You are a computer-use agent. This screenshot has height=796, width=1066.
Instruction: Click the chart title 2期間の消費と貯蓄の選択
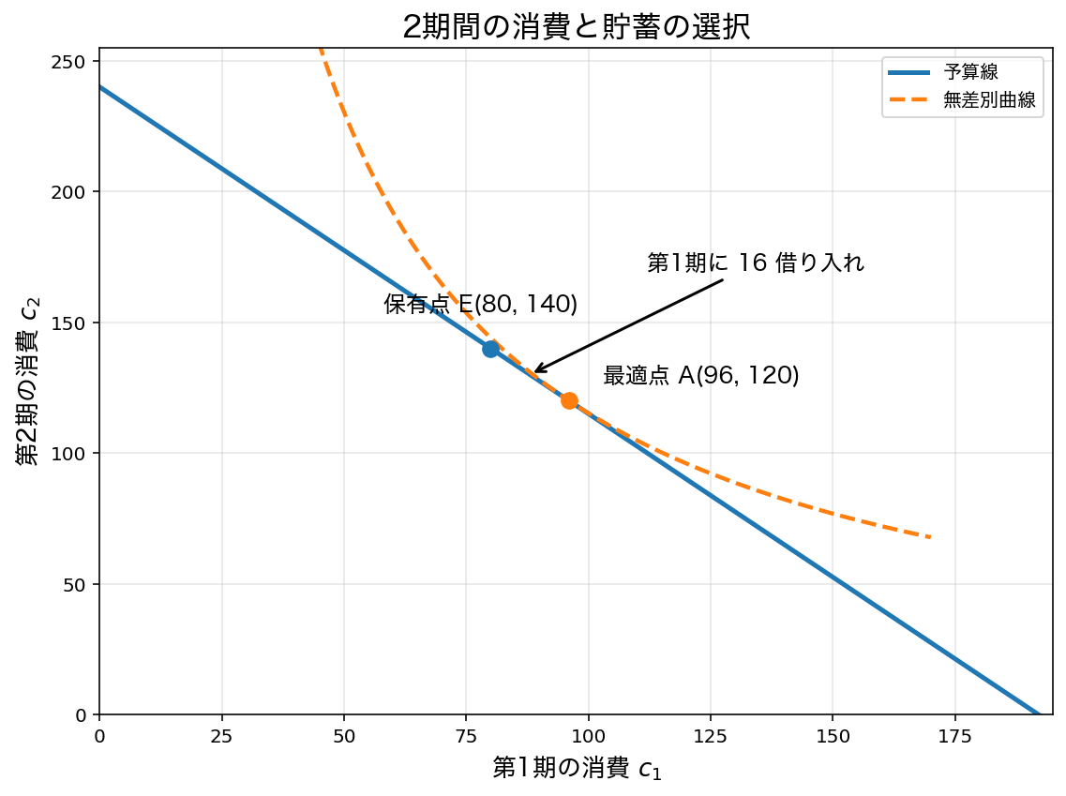click(577, 27)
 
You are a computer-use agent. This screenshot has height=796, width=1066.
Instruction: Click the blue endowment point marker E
click(491, 349)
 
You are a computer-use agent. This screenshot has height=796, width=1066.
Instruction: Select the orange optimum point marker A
click(569, 401)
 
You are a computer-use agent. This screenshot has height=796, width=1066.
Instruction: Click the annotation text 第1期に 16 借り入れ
click(756, 263)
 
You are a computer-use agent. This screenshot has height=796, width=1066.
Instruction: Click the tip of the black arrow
click(535, 372)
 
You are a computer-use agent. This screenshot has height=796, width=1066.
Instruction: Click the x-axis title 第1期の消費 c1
click(577, 768)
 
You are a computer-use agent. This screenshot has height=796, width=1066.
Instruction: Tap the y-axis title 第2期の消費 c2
click(28, 381)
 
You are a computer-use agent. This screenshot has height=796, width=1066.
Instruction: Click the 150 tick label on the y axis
click(68, 323)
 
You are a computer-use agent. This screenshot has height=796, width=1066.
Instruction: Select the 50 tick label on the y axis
click(74, 585)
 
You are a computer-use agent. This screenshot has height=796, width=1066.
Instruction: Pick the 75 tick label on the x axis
click(466, 735)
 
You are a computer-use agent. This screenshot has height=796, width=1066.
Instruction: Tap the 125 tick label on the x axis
click(711, 735)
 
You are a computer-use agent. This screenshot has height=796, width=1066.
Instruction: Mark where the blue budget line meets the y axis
click(100, 87)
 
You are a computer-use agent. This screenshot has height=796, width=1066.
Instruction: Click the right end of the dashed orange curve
click(931, 537)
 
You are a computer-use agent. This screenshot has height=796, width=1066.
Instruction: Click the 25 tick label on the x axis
click(221, 735)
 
